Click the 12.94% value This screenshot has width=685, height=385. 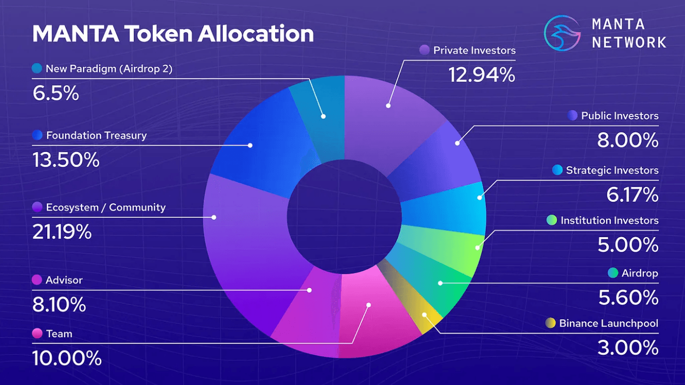(x=481, y=75)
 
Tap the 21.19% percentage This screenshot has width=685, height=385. (x=62, y=232)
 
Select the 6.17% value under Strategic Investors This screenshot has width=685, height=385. (x=627, y=195)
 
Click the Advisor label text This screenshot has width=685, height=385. (x=64, y=280)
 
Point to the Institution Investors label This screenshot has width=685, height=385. (x=609, y=220)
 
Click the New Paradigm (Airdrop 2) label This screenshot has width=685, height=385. (x=109, y=68)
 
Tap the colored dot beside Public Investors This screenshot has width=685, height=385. (x=572, y=116)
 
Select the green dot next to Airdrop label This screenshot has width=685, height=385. (x=612, y=273)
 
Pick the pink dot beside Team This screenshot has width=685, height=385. (x=37, y=334)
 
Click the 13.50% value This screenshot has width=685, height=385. (x=66, y=160)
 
